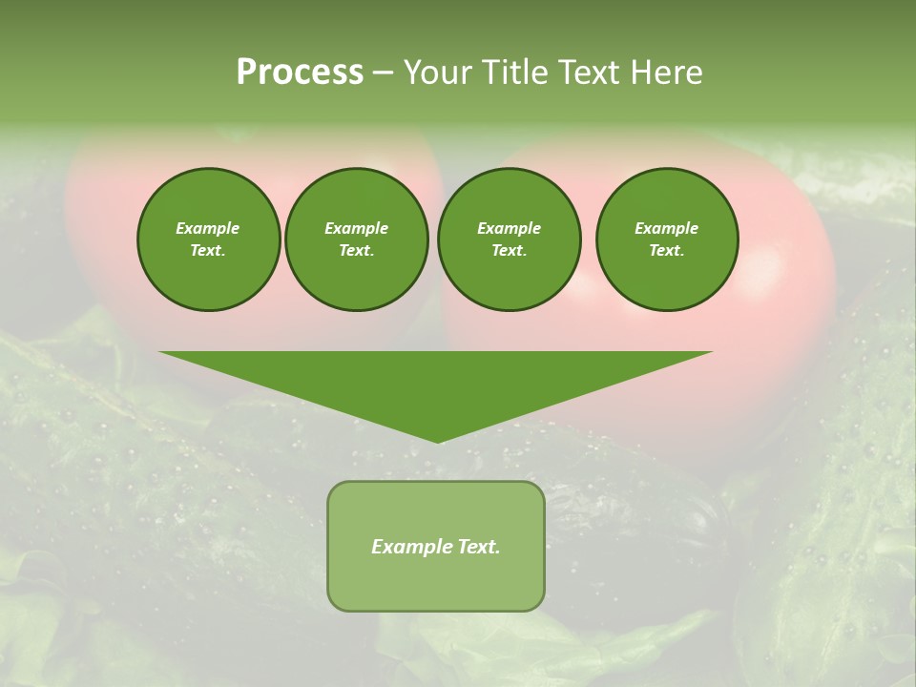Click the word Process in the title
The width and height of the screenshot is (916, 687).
[x=300, y=73]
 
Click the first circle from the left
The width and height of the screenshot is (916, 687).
[x=208, y=239]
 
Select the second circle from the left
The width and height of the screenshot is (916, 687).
[x=356, y=239]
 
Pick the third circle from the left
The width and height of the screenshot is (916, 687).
[x=509, y=239]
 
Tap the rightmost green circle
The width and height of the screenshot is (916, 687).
[x=667, y=239]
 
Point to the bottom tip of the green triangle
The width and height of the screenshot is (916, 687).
[x=438, y=441]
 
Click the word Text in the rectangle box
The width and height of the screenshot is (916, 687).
[x=478, y=547]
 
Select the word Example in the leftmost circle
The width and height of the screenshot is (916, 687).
[x=208, y=228]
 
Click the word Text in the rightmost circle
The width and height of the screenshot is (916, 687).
[x=666, y=251]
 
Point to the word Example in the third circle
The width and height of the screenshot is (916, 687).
[x=509, y=228]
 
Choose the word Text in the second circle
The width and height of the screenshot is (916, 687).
[x=356, y=251]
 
